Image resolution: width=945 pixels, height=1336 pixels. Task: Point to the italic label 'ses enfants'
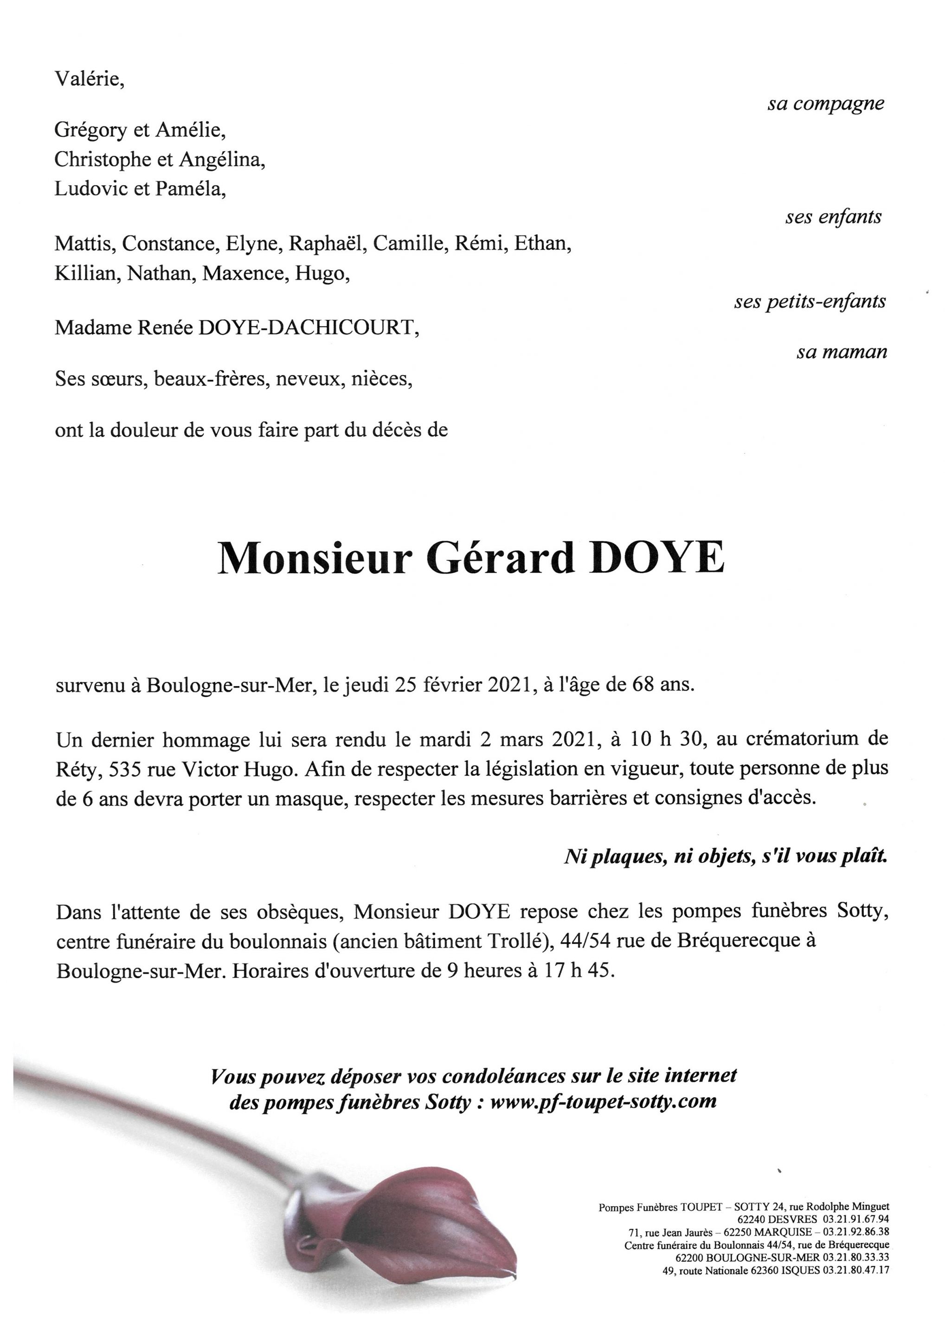click(833, 217)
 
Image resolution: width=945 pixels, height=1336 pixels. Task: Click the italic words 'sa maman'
click(842, 352)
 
